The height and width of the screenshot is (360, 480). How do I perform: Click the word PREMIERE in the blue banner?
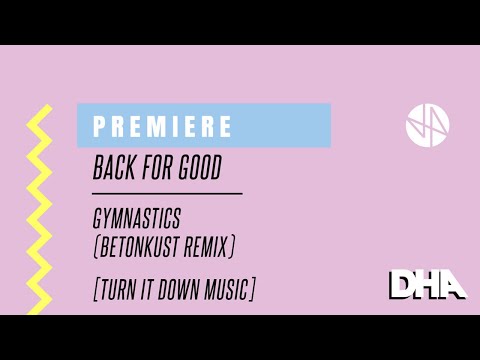(x=163, y=127)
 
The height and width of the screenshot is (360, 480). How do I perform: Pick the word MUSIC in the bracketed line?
(x=229, y=289)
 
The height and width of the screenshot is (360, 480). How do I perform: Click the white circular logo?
(x=427, y=123)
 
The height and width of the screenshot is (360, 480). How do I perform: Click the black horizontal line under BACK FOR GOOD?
(x=167, y=192)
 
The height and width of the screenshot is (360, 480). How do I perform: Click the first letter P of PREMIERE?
(x=99, y=127)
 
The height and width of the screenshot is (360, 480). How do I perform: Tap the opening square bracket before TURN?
(x=95, y=289)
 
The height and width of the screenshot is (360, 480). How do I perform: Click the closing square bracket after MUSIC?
(x=254, y=289)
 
